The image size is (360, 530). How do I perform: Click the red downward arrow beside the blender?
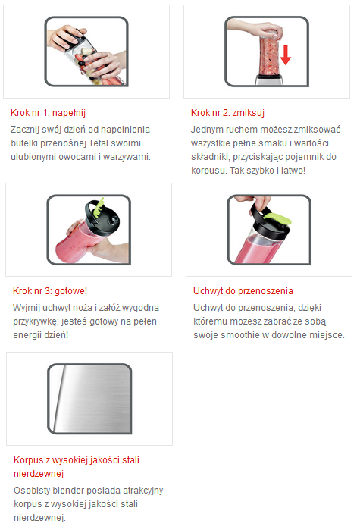[286, 55]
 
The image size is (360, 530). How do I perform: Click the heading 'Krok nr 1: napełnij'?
[48, 113]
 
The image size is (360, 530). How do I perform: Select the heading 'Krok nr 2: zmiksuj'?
[227, 113]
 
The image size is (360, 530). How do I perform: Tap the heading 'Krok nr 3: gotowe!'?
[50, 291]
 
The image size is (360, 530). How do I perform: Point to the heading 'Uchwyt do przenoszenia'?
[243, 291]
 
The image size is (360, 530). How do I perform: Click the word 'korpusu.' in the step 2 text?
[209, 171]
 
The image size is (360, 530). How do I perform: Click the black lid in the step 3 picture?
[102, 217]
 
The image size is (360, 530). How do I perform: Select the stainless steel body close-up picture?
[89, 399]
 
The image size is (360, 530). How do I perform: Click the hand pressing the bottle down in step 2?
[257, 29]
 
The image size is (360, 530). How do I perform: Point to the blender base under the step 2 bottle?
[269, 80]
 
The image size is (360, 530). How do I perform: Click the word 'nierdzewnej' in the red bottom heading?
[39, 474]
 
